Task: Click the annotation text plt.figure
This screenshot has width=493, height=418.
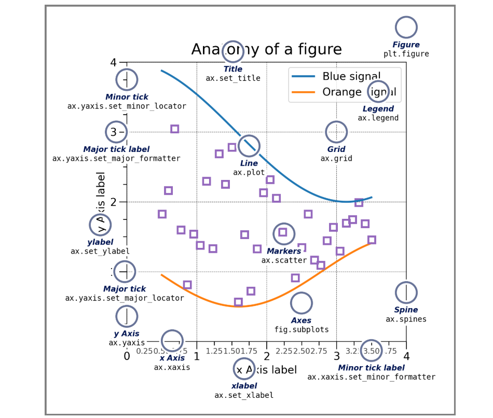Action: (x=406, y=54)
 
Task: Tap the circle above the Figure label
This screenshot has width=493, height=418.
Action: (x=406, y=27)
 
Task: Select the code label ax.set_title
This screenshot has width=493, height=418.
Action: (x=233, y=78)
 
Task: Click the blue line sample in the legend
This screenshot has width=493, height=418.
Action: (x=304, y=77)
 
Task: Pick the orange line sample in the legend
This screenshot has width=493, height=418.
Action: (x=304, y=92)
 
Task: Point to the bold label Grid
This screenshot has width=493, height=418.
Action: (x=336, y=150)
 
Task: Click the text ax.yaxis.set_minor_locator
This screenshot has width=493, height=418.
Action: (x=127, y=106)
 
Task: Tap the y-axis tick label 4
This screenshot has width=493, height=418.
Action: (x=114, y=62)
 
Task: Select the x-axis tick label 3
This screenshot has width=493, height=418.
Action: (x=336, y=357)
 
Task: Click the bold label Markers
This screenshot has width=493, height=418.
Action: (x=284, y=252)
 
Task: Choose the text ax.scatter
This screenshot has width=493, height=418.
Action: (x=284, y=260)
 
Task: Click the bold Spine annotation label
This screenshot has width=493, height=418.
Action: (x=406, y=310)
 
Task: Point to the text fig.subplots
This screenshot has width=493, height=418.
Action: (x=302, y=329)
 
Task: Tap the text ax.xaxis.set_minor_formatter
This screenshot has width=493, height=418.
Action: (x=371, y=377)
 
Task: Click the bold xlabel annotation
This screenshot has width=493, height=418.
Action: (x=244, y=386)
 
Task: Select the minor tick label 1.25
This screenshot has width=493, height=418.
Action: (x=214, y=351)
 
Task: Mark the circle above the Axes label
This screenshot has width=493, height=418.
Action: (x=302, y=303)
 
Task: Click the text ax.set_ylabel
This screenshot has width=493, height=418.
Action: (x=100, y=252)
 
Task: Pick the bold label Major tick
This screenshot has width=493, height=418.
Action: (x=125, y=289)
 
